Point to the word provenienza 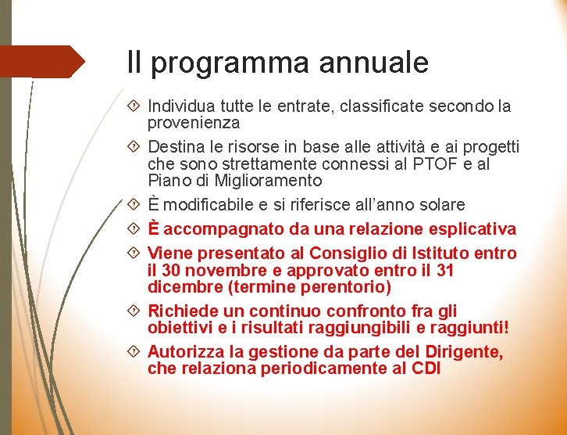[194, 123]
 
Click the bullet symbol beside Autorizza [136, 352]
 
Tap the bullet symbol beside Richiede [136, 311]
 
